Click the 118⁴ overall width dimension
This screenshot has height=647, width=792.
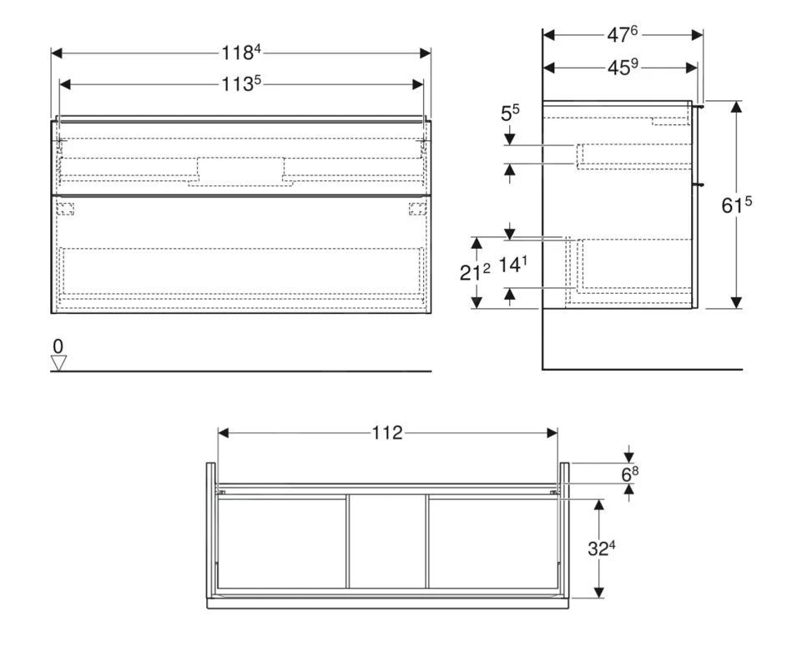pyautogui.click(x=241, y=52)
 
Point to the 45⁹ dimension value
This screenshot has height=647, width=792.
pyautogui.click(x=623, y=68)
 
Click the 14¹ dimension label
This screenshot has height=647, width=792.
pyautogui.click(x=513, y=265)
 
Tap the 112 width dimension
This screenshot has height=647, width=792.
pyautogui.click(x=387, y=432)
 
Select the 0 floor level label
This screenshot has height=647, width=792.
pyautogui.click(x=58, y=346)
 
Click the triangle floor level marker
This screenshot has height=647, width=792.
pyautogui.click(x=58, y=361)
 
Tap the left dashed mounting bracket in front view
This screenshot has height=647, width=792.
pyautogui.click(x=65, y=209)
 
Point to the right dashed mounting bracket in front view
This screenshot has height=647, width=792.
pyautogui.click(x=416, y=209)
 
